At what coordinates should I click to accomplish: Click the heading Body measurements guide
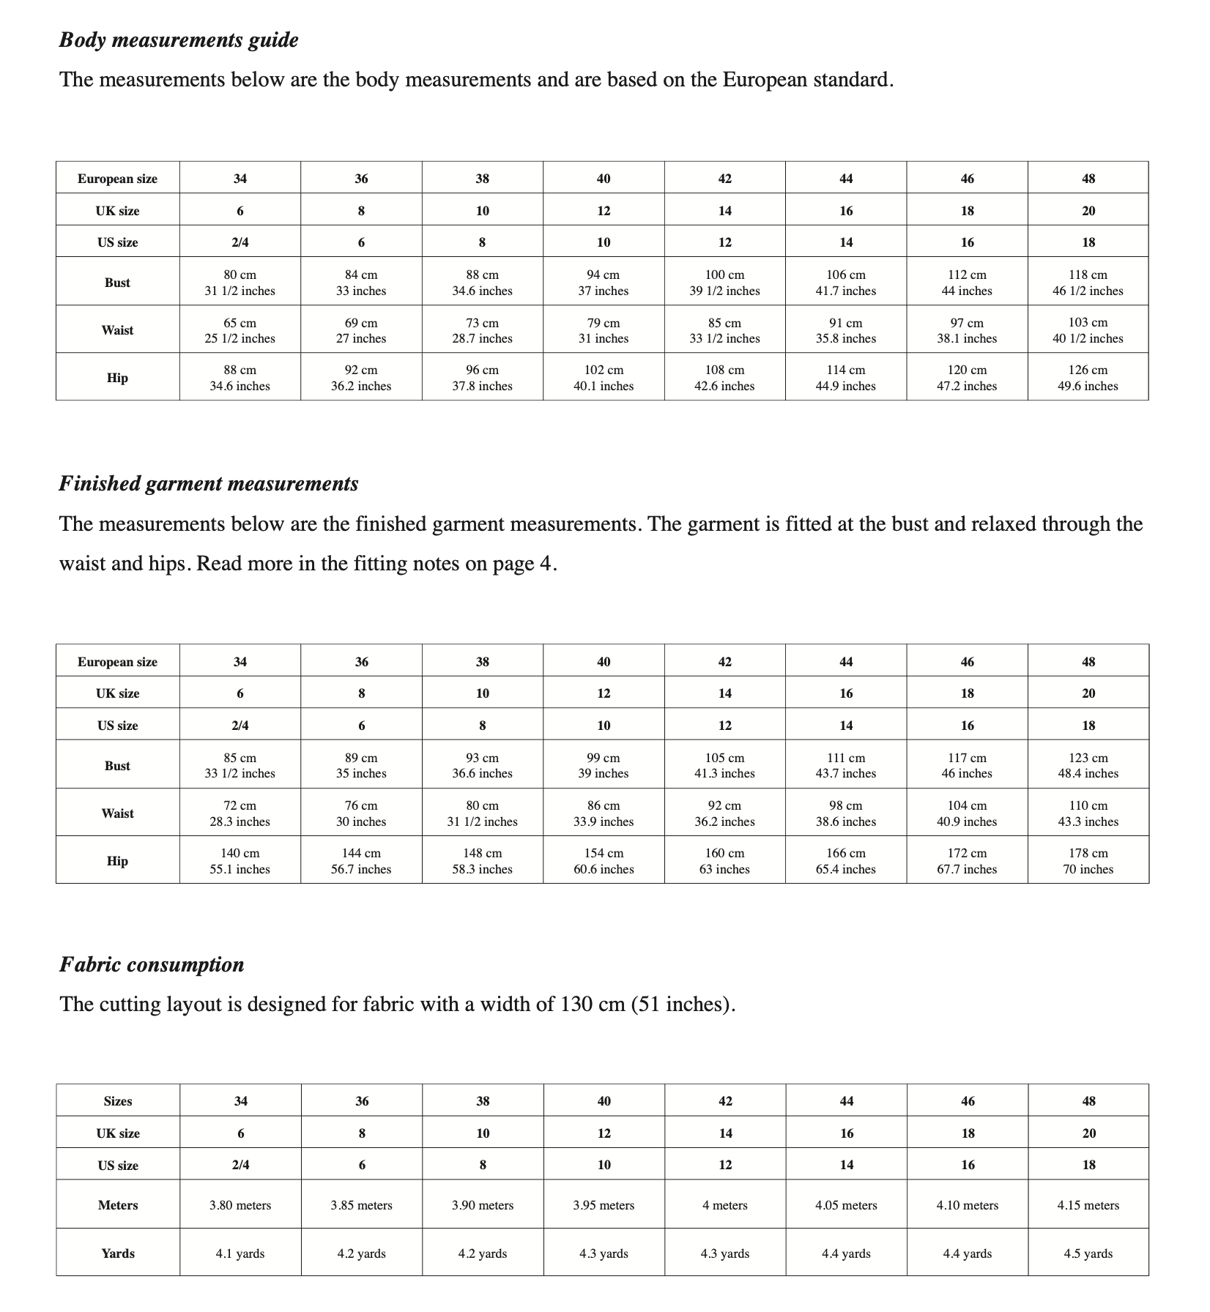pyautogui.click(x=179, y=40)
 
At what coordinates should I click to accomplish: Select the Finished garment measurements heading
pyautogui.click(x=209, y=484)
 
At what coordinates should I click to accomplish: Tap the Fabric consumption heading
pyautogui.click(x=152, y=965)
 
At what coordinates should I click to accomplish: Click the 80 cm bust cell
pyautogui.click(x=240, y=283)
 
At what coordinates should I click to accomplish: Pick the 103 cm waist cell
pyautogui.click(x=1088, y=330)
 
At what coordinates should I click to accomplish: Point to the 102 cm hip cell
pyautogui.click(x=604, y=378)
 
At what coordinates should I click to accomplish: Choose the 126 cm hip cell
pyautogui.click(x=1088, y=378)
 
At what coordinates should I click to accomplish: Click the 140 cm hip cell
pyautogui.click(x=240, y=861)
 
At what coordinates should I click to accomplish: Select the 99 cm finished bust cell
pyautogui.click(x=604, y=766)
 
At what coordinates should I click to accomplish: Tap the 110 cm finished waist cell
pyautogui.click(x=1088, y=813)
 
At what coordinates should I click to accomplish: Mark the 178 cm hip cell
pyautogui.click(x=1088, y=861)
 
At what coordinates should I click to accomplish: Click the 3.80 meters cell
pyautogui.click(x=240, y=1205)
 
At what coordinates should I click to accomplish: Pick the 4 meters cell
pyautogui.click(x=725, y=1205)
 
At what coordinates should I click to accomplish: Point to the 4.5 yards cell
pyautogui.click(x=1088, y=1253)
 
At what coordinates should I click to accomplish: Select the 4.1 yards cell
pyautogui.click(x=240, y=1253)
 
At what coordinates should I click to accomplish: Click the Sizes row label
pyautogui.click(x=118, y=1101)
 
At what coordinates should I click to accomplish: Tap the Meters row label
pyautogui.click(x=118, y=1205)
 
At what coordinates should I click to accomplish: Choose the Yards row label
pyautogui.click(x=118, y=1253)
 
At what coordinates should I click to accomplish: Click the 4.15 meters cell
pyautogui.click(x=1088, y=1205)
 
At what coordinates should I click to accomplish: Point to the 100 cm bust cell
pyautogui.click(x=725, y=283)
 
